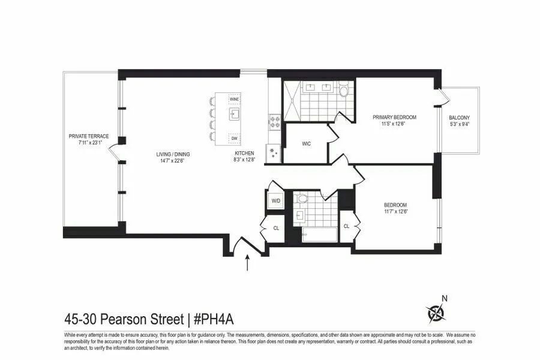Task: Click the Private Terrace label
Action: pos(89,136)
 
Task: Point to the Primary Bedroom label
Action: pos(394,117)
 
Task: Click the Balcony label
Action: pos(461,118)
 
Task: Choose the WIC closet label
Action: pos(306,144)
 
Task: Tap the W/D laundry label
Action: pos(276,200)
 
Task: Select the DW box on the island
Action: pos(234,139)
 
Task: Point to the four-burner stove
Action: pos(275,122)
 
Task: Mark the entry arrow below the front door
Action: pos(248,262)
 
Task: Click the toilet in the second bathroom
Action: pos(302,199)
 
